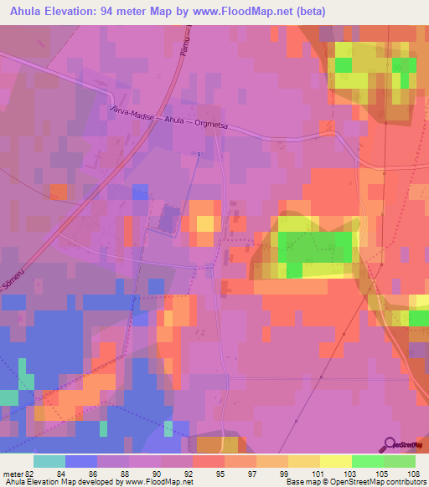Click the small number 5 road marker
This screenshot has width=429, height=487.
point(199,155)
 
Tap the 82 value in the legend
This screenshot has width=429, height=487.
point(30,474)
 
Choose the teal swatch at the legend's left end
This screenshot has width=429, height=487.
point(49,461)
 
